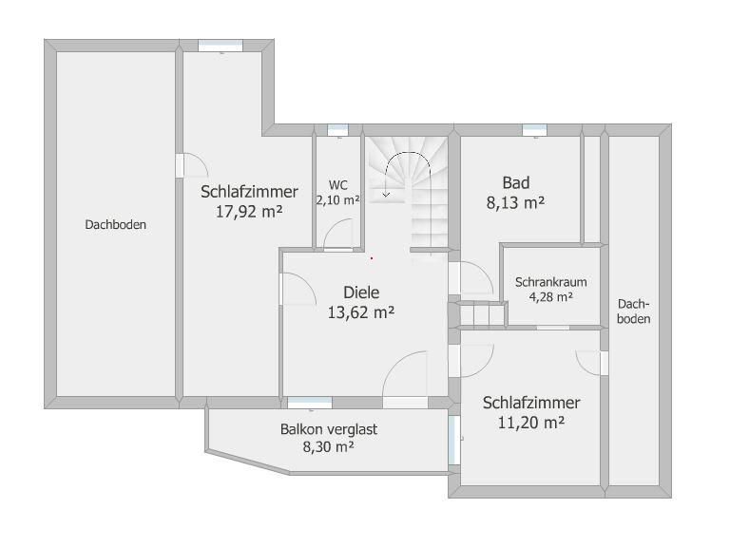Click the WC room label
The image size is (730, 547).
338,185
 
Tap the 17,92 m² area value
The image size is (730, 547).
249,212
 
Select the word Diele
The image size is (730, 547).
361,292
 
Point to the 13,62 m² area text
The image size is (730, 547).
361,312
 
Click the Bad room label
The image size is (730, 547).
516,182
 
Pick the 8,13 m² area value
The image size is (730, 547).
516,203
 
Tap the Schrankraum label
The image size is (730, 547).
550,282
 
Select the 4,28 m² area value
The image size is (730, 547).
550,296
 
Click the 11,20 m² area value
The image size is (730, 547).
531,423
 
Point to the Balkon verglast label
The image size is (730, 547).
329,429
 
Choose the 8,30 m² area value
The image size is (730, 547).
329,447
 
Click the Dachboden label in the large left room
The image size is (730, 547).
115,225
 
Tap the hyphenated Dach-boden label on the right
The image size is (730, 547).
634,311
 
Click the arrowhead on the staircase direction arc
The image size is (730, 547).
386,195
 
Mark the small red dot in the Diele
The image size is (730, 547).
372,257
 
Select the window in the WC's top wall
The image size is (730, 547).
338,130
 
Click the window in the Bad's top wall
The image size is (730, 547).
534,130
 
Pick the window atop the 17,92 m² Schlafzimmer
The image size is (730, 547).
221,46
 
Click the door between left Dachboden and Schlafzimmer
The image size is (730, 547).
180,165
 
